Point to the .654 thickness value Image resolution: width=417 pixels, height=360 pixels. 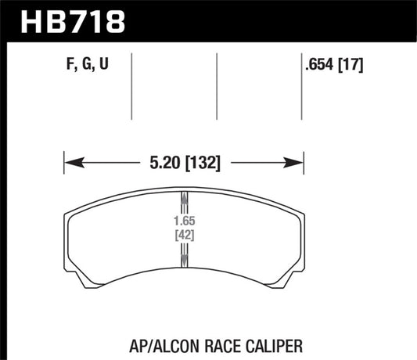tap(320, 65)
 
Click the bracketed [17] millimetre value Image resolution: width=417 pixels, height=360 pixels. tap(351, 65)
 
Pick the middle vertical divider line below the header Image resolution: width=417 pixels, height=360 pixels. tap(217, 86)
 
